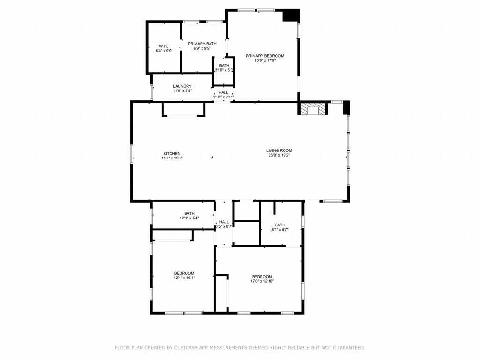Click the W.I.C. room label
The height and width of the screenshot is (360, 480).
point(164,46)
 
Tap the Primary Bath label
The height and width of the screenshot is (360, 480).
point(202,43)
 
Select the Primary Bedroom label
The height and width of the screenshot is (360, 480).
point(265,56)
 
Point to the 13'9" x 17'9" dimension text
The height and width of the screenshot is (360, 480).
point(265,60)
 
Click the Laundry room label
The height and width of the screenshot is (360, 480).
point(182,86)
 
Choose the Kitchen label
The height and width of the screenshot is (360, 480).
point(172,154)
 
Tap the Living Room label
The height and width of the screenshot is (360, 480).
point(279,150)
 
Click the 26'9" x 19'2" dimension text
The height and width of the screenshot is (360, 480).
point(279,155)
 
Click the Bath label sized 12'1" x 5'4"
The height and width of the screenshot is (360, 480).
point(189,213)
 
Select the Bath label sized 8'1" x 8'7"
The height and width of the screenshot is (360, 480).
point(280,225)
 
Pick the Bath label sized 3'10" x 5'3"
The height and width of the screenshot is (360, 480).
point(224,66)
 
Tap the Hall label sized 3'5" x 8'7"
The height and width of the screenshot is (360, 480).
point(224,222)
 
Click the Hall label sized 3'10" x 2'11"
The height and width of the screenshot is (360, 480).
point(224,92)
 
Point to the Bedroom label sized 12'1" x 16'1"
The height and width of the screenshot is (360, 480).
point(184,273)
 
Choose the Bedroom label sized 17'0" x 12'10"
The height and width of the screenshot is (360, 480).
point(262,277)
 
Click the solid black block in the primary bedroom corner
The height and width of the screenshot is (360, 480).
point(291,15)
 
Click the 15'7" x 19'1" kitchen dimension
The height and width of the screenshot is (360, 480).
point(172,158)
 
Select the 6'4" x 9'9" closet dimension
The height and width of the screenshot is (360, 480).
point(164,51)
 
